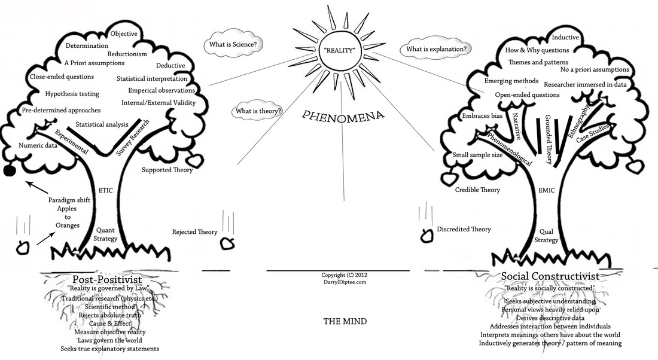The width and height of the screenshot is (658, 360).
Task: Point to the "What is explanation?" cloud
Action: pos(437,48)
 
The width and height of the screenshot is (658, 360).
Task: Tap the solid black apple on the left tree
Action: pos(9,171)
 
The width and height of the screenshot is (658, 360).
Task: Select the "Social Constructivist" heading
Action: pos(549,277)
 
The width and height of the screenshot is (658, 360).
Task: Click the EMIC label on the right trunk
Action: pos(546,190)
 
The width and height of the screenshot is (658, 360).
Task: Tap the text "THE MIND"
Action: pos(345,321)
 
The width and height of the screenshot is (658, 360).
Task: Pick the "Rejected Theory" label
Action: pos(194,231)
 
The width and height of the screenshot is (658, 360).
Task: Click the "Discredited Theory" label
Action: pos(464,229)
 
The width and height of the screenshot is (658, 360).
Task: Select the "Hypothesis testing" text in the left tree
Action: pos(72,94)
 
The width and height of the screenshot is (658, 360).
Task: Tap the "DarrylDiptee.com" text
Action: pos(344,282)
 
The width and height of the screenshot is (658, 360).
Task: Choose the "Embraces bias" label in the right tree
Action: pos(481,115)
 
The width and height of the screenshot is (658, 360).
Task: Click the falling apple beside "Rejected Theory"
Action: pos(227,243)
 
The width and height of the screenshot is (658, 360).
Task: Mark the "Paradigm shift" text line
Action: pos(69,200)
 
